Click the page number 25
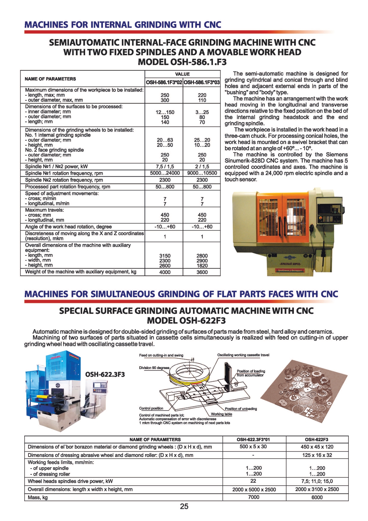point(184,506)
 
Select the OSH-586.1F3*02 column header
point(164,82)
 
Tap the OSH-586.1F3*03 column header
point(202,82)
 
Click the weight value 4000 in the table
point(165,272)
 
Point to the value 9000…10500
point(202,173)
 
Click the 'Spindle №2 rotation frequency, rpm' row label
point(64,180)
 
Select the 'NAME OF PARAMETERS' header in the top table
point(50,79)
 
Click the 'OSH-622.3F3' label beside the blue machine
point(105,374)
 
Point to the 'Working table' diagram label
point(222,414)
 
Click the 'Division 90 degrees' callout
point(154,368)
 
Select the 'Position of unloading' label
point(241,409)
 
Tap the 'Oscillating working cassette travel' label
point(243,355)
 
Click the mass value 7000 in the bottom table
point(254,497)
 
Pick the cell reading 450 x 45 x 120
point(317,447)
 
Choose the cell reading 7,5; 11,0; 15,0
point(317,481)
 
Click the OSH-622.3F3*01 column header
point(253,440)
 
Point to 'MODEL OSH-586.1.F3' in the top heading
point(182,62)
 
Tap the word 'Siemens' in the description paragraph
point(337,154)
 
